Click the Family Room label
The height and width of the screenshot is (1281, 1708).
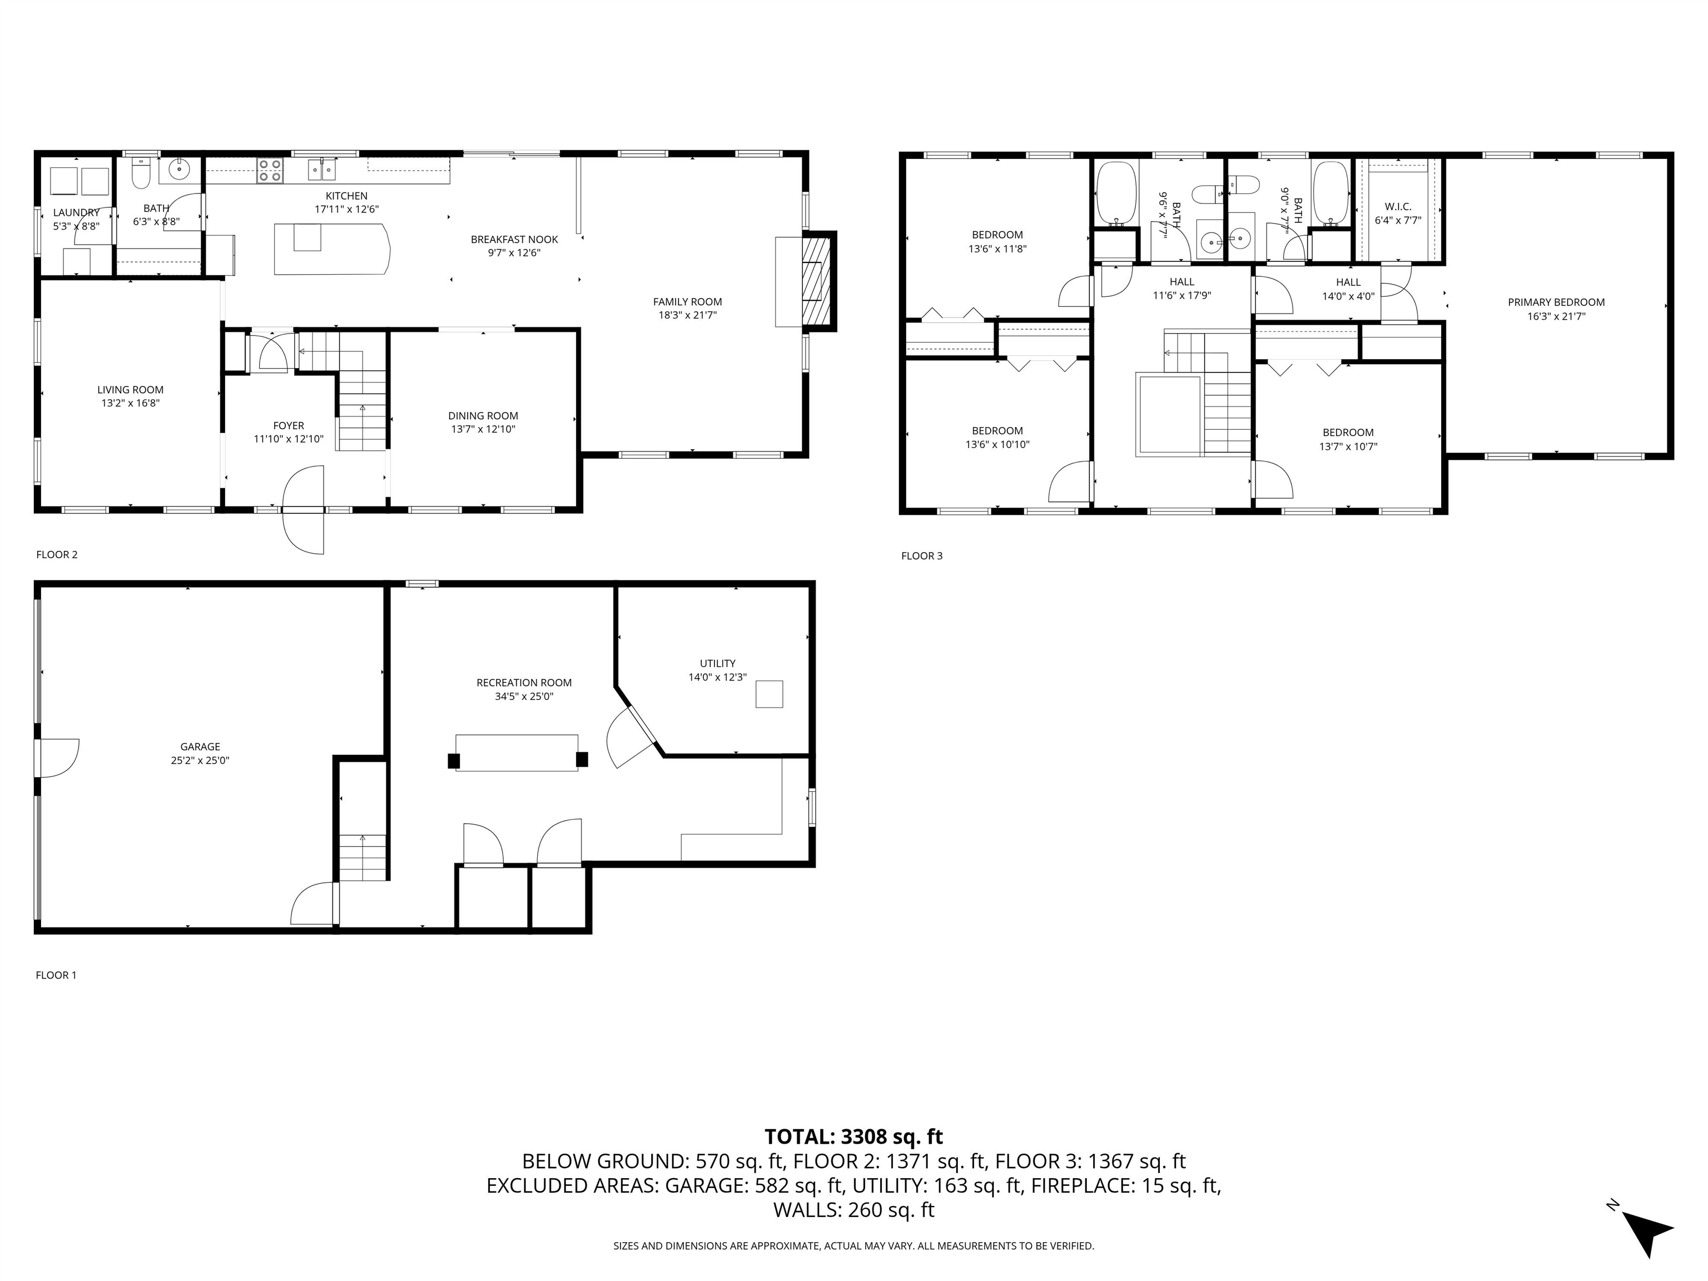pos(687,302)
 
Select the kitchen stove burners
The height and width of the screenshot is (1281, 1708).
pos(270,170)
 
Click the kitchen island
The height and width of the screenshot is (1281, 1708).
pos(332,249)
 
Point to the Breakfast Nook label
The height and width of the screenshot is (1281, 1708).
pos(514,240)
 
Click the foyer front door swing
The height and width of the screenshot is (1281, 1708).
pos(304,510)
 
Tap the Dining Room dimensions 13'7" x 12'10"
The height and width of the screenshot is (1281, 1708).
pos(483,429)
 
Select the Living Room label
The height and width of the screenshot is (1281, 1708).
pos(131,390)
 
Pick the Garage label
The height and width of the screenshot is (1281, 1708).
pos(201,747)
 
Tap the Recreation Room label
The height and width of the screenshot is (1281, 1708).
pos(524,683)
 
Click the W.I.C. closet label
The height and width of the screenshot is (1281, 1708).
pos(1398,207)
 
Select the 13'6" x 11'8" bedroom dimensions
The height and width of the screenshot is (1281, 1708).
pos(997,249)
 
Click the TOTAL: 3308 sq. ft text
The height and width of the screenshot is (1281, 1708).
pos(853,1136)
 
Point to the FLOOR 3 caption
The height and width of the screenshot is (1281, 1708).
pos(922,556)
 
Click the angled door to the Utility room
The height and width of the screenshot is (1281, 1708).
pos(632,737)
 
